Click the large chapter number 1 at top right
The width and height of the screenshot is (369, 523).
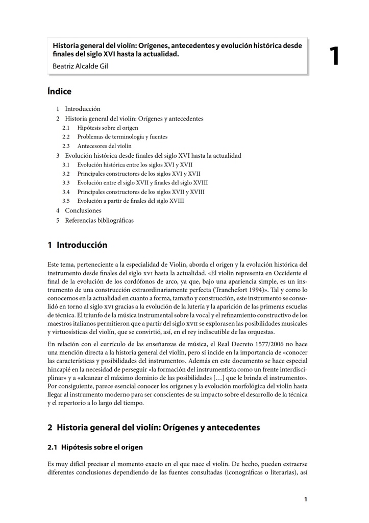334,57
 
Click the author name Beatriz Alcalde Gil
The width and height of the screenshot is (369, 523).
80,66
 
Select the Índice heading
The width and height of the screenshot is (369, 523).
59,91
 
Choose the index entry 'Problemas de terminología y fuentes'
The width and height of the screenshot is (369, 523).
122,137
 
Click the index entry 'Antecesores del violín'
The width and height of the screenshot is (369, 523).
104,146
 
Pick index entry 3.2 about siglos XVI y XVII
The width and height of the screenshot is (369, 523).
138,174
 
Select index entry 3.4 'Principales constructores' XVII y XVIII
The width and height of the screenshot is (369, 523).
140,192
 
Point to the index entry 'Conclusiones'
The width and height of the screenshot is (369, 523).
83,210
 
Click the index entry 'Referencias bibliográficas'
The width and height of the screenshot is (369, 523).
99,220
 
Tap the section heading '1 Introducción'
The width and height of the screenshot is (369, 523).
78,245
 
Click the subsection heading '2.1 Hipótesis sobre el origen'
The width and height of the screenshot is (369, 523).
95,447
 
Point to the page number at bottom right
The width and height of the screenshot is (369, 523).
305,500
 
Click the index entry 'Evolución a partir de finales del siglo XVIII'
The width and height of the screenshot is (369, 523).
131,201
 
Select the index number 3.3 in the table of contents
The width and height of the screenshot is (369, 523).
66,183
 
